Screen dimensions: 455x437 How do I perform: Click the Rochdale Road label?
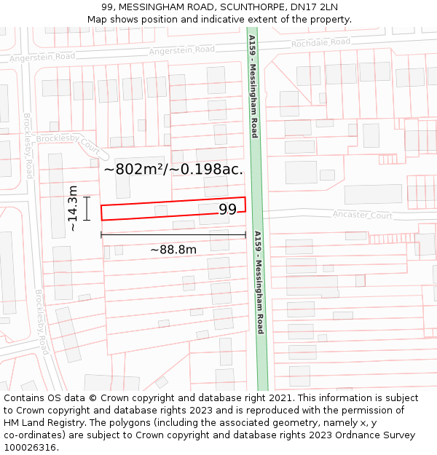(320, 43)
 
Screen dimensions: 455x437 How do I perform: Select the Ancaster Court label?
(362, 215)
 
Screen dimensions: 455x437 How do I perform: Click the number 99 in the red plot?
(228, 210)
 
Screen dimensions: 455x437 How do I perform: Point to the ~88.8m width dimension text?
(173, 250)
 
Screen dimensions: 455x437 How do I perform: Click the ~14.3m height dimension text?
(73, 208)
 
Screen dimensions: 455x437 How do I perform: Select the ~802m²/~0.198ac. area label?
(173, 170)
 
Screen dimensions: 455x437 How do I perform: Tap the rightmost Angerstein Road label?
(182, 50)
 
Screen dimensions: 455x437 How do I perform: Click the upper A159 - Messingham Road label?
(253, 86)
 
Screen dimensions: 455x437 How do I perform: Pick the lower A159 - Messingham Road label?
(258, 282)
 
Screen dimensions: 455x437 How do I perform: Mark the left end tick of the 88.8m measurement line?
(101, 234)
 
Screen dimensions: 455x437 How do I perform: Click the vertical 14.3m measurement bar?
(87, 208)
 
